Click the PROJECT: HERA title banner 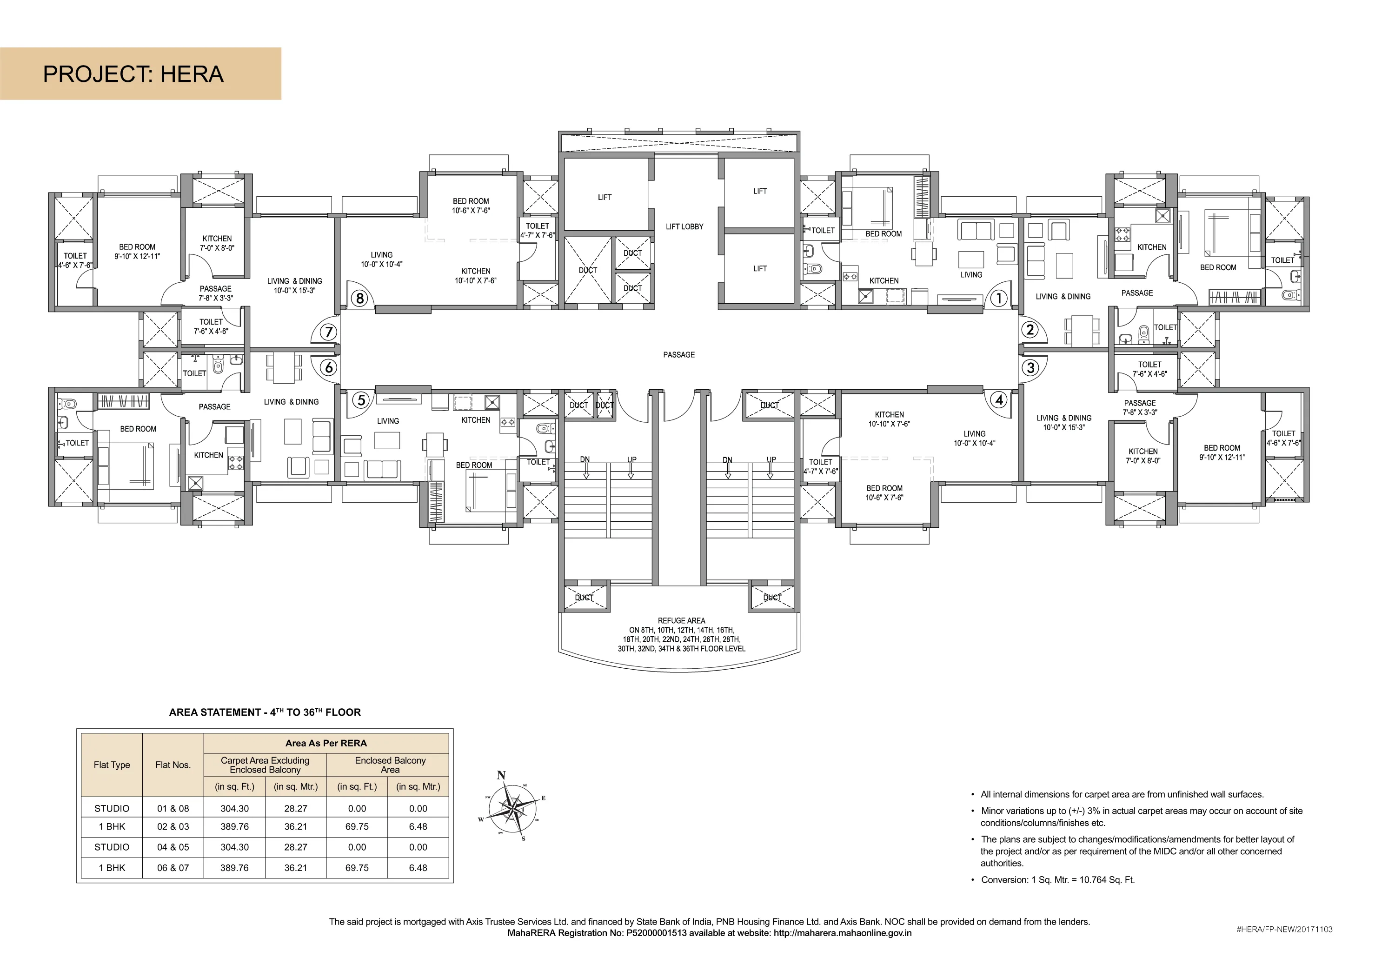[x=140, y=73]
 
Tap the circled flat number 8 [x=360, y=299]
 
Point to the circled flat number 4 [x=999, y=400]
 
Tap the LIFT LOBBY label [x=684, y=226]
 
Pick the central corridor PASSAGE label [x=678, y=355]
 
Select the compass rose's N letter [x=501, y=775]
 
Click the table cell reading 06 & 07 [x=173, y=868]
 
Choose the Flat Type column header [x=112, y=765]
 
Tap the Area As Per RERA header [x=326, y=743]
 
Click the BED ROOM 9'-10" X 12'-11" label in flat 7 [x=137, y=252]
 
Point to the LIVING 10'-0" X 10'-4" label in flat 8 [x=382, y=259]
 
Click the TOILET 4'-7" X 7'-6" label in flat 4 [x=820, y=466]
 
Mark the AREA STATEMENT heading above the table [x=265, y=712]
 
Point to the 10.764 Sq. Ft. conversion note [x=1057, y=879]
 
